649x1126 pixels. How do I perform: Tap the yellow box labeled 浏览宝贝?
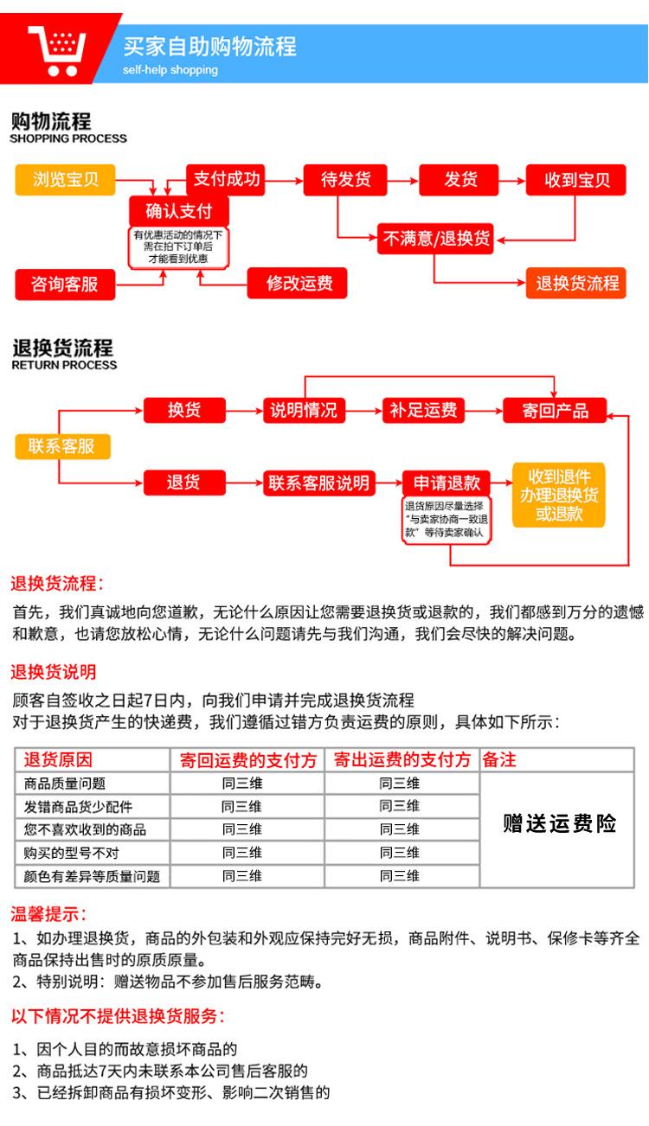pos(66,180)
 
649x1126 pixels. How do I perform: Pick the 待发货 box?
pos(346,180)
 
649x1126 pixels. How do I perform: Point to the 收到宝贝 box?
pos(576,180)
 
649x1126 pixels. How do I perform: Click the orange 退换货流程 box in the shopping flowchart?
pos(576,283)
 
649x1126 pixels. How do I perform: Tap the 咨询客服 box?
pos(65,284)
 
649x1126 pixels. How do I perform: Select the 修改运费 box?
pos(299,283)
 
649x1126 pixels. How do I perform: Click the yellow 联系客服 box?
pos(61,446)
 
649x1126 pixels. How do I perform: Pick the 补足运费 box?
pos(423,410)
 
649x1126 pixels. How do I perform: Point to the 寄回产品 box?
pos(555,410)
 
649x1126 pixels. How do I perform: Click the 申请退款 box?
pos(447,483)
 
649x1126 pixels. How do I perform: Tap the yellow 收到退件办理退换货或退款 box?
pos(558,495)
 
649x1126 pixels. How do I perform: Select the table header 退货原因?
pos(59,760)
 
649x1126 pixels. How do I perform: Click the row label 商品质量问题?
pos(66,784)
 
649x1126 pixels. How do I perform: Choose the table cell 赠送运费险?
pos(559,823)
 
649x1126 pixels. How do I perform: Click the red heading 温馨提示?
pos(48,914)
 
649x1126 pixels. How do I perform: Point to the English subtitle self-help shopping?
pos(170,70)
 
